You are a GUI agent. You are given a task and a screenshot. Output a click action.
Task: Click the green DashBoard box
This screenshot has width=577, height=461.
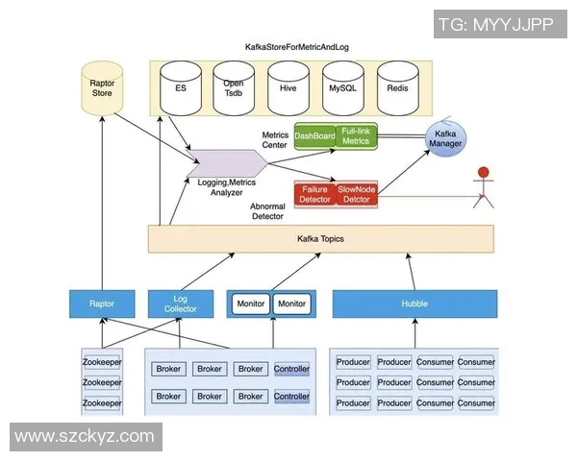point(314,137)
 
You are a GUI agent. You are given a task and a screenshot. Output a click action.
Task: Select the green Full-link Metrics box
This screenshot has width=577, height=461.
point(356,136)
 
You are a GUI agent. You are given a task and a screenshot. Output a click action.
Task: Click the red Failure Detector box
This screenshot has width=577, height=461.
point(314,193)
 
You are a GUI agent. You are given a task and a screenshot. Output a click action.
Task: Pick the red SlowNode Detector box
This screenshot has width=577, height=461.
point(356,193)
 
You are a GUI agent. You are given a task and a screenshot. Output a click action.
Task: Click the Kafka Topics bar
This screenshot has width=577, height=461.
point(320,238)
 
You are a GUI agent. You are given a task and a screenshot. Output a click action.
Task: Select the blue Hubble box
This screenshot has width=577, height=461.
point(414,303)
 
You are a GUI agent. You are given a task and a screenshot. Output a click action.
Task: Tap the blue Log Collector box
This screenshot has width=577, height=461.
point(187,303)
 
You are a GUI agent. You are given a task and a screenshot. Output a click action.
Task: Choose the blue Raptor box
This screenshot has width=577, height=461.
point(102,303)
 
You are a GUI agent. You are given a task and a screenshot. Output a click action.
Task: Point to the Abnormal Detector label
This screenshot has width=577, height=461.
point(267,211)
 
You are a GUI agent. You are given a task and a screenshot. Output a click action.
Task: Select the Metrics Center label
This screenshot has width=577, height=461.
point(275,140)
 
